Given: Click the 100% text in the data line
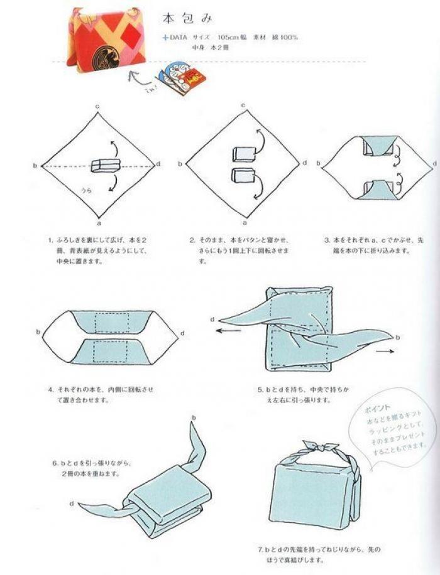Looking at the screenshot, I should pos(289,37).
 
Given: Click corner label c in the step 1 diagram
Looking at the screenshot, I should pos(98,107).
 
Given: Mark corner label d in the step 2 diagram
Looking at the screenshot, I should pos(305,163).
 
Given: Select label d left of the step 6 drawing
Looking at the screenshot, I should pos(72,503).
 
